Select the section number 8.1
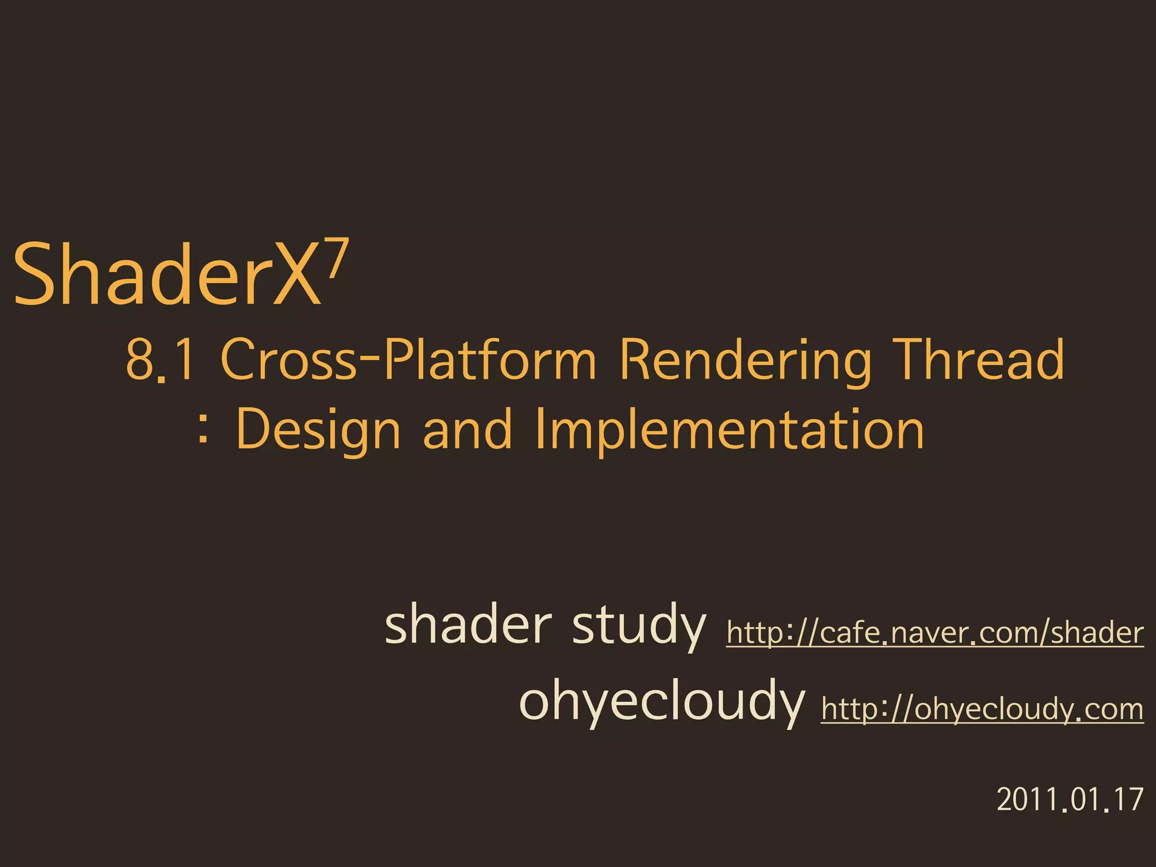[160, 360]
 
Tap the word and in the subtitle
[467, 429]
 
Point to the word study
[638, 626]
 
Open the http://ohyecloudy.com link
[982, 709]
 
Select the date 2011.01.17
[1070, 799]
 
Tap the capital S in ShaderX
[36, 274]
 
